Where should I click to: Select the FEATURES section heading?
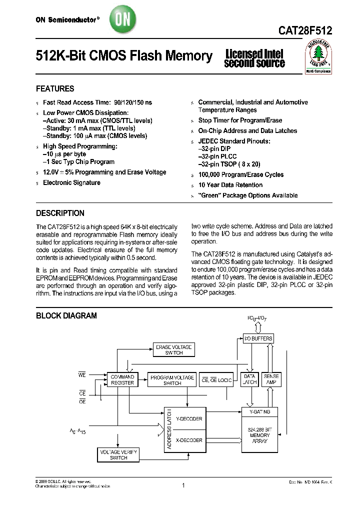click(x=55, y=89)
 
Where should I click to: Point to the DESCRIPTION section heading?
click(x=60, y=213)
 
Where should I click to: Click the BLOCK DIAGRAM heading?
click(x=66, y=316)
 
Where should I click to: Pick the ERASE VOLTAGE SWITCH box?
click(x=173, y=350)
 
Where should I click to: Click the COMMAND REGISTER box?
click(x=122, y=379)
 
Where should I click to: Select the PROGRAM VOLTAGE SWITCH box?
click(x=172, y=380)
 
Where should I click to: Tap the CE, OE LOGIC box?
click(x=216, y=380)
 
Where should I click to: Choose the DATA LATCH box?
click(x=249, y=379)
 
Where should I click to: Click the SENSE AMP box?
click(x=271, y=379)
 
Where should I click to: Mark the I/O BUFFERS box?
click(x=258, y=338)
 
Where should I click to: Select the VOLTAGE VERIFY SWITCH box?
click(x=118, y=454)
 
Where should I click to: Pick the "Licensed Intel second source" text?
click(x=254, y=58)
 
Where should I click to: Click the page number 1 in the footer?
click(x=184, y=485)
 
